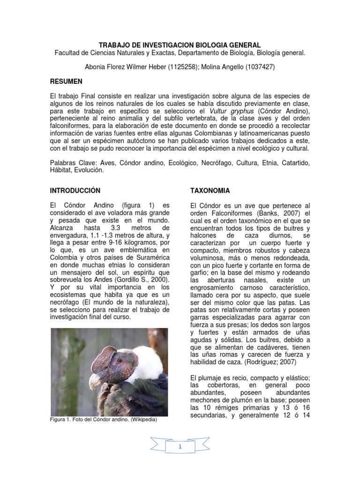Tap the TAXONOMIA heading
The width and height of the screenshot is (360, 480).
coord(210,191)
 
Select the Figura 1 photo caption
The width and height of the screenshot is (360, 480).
coord(103,420)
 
